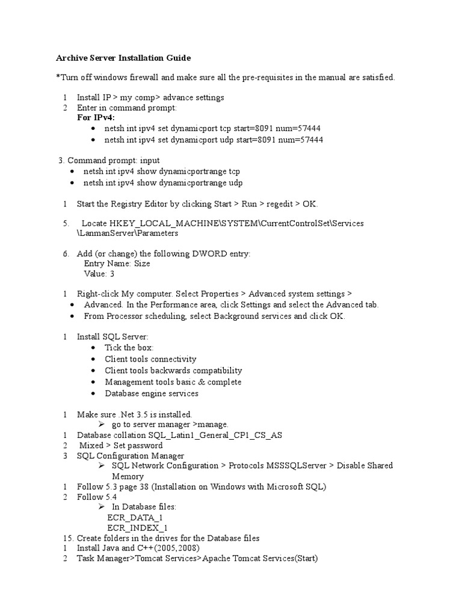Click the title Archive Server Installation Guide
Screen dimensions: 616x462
(123, 58)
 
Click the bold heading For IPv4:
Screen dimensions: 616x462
(96, 117)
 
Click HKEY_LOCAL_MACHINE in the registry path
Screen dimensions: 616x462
(158, 223)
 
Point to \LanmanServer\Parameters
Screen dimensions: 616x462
(128, 233)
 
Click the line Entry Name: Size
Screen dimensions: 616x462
(117, 263)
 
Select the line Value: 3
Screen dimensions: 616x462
(99, 274)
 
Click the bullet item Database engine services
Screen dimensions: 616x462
(151, 393)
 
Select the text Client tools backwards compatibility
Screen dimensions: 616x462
(173, 371)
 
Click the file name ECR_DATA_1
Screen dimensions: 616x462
(135, 517)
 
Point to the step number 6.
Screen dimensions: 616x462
(66, 254)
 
